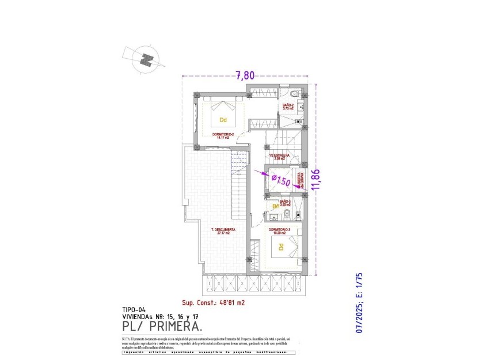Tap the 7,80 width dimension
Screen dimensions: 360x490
(245, 74)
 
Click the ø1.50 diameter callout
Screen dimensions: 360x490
(280, 180)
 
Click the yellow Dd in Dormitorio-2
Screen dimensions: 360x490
(222, 120)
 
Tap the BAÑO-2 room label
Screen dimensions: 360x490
(288, 105)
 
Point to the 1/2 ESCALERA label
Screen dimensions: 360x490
(278, 156)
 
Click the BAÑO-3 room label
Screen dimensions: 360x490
(286, 202)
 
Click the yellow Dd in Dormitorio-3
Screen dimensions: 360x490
(281, 248)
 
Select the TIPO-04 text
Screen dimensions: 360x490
(133, 309)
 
